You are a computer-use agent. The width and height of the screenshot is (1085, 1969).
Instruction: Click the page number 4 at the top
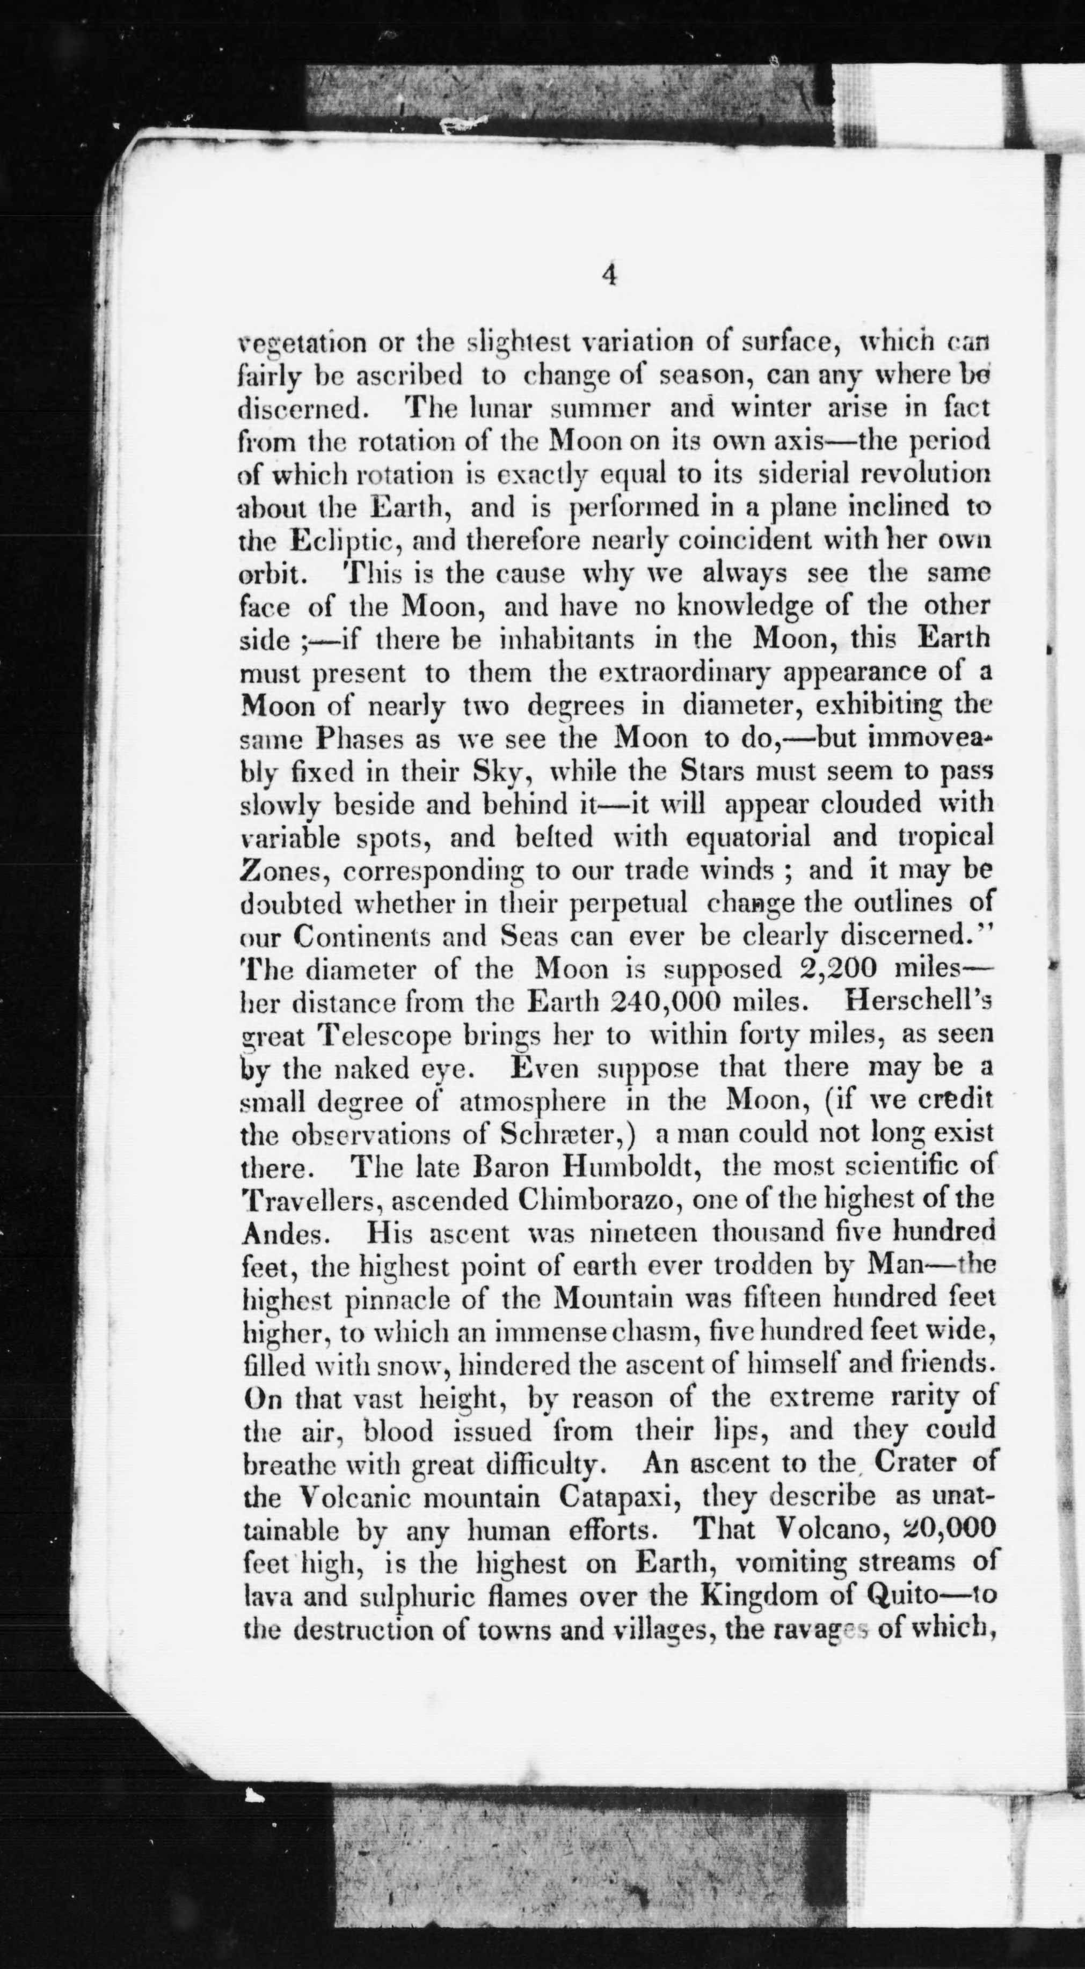click(609, 274)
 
